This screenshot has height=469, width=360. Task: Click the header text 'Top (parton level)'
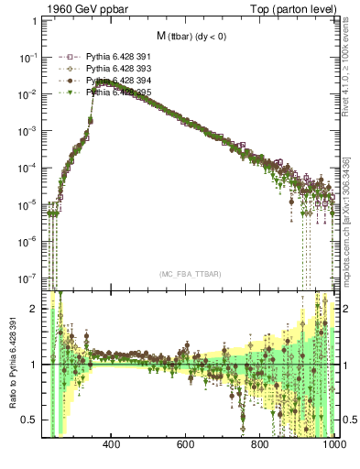[299, 8]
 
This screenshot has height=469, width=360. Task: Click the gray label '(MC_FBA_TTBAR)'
[190, 274]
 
